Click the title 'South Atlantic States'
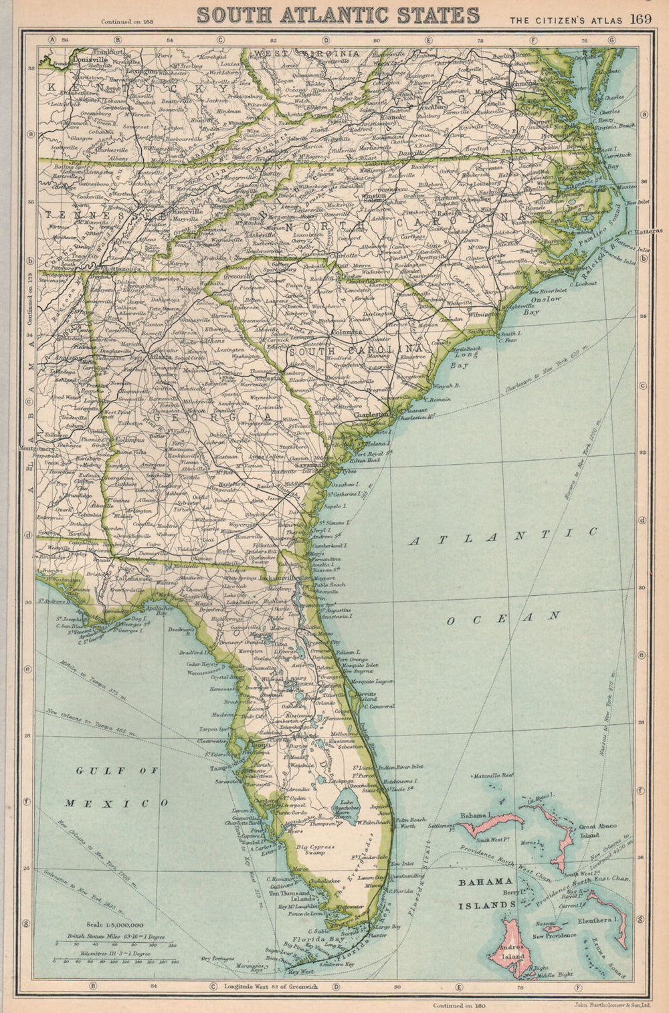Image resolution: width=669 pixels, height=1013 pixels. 338,15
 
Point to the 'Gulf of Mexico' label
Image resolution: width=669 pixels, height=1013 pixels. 117,786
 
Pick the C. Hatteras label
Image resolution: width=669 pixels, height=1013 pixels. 645,230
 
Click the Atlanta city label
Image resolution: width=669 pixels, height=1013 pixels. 161,356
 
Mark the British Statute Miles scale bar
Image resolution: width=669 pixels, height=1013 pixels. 113,943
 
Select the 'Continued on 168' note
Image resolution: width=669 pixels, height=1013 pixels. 125,21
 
